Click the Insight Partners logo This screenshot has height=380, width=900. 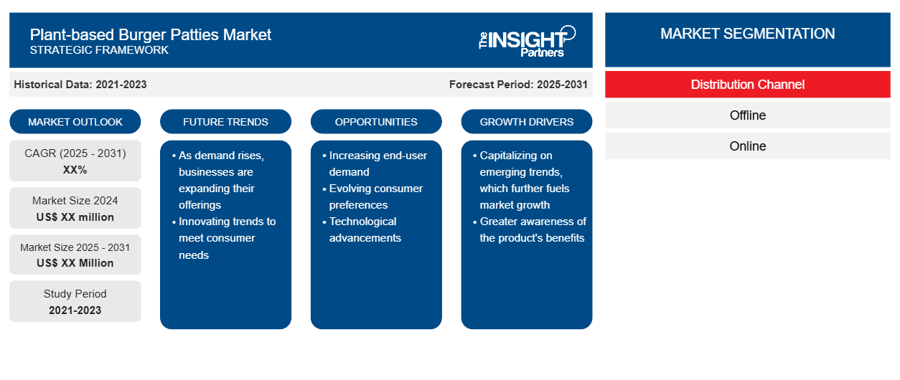click(527, 42)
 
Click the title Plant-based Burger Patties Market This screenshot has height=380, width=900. click(150, 34)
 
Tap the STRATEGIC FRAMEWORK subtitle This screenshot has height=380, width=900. click(99, 50)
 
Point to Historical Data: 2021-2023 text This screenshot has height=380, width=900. click(80, 85)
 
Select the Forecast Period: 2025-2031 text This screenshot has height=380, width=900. click(518, 85)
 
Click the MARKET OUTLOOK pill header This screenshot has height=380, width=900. click(75, 122)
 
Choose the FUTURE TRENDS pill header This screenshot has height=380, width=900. click(225, 122)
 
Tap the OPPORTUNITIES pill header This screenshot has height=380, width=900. click(376, 122)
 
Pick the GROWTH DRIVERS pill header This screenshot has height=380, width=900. click(526, 122)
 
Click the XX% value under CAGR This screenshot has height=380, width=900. click(75, 170)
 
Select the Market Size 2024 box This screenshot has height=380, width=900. click(75, 208)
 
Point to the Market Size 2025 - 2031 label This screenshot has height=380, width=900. click(75, 247)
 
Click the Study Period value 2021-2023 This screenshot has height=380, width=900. click(75, 310)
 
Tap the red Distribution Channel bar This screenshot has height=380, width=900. click(747, 85)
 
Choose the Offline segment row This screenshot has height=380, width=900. click(747, 115)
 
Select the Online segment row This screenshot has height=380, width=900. click(747, 146)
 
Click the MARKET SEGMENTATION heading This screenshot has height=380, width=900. click(747, 34)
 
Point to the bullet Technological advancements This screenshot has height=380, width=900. click(362, 229)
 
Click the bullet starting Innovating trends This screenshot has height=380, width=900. click(224, 238)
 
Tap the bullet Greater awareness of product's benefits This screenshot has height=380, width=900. click(530, 229)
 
